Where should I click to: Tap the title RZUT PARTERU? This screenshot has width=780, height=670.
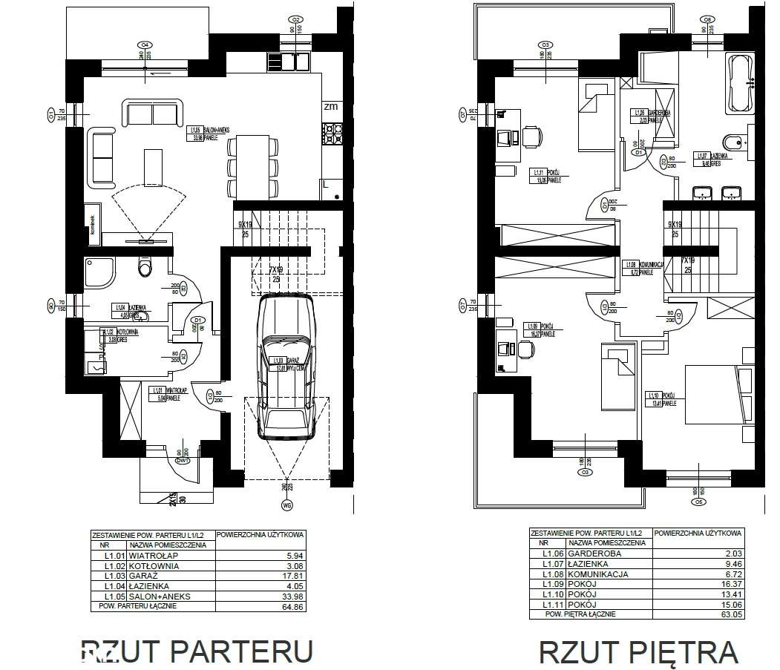point(196,651)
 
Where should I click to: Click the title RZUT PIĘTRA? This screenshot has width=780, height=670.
point(638,652)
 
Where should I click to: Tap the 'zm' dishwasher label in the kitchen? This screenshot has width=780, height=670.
point(331,106)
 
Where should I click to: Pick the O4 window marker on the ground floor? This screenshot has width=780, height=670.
point(145,44)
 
